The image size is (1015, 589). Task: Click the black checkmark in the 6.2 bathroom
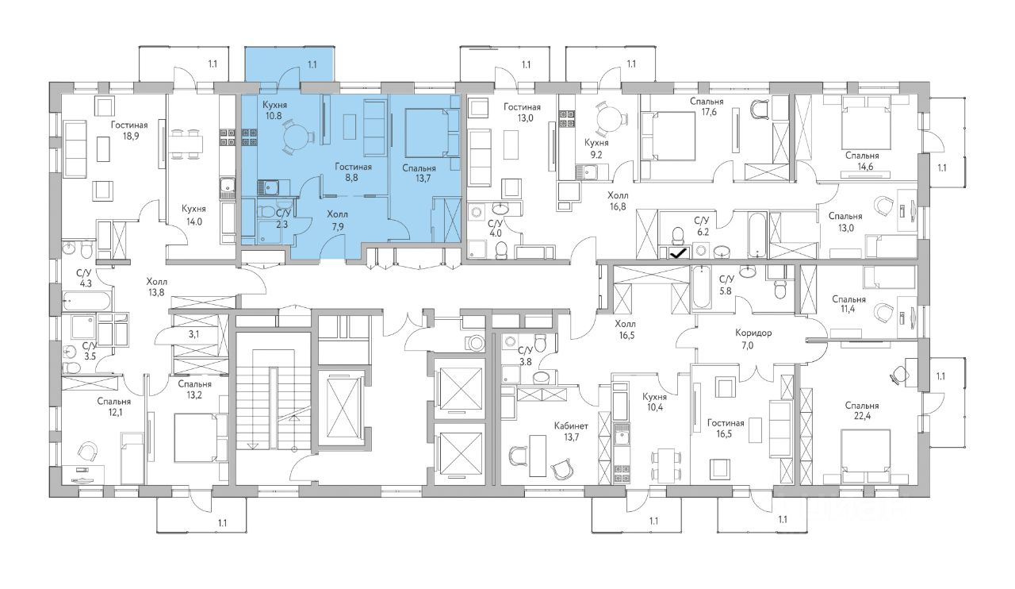(678, 254)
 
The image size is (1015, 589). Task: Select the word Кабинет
(571, 426)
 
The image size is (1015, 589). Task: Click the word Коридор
(753, 333)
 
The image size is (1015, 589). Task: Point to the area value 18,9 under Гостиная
(129, 136)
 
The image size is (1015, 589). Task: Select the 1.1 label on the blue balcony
(312, 65)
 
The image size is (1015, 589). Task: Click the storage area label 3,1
(194, 335)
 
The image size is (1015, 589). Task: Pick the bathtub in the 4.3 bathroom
(86, 301)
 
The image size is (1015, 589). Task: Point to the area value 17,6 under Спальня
(707, 112)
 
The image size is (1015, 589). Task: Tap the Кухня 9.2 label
(596, 148)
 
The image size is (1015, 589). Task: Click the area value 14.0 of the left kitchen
(193, 222)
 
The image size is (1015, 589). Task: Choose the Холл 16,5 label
(626, 330)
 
